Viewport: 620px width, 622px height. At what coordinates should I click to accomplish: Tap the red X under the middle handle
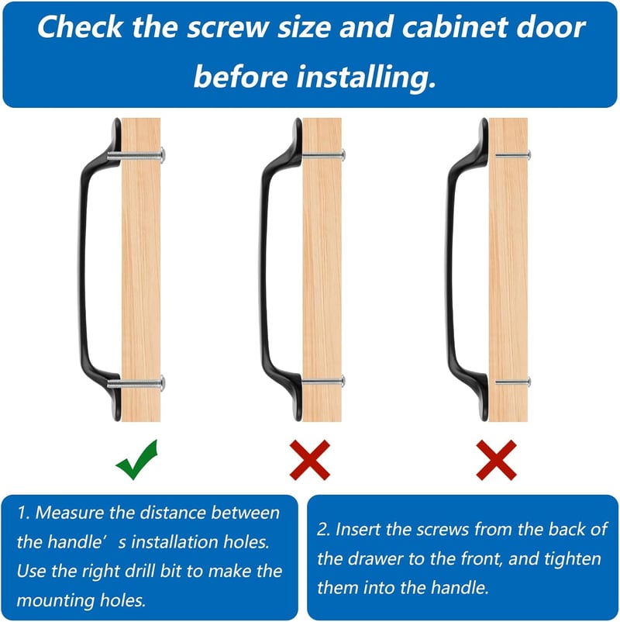pos(309,460)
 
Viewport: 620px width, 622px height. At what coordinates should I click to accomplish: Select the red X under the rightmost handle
pos(496,460)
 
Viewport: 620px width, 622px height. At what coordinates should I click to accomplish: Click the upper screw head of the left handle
pos(163,154)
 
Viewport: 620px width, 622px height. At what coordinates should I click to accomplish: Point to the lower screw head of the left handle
pos(163,383)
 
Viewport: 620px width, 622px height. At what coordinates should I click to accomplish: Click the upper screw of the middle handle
pos(323,154)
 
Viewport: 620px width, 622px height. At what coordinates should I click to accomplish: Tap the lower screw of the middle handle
pos(323,382)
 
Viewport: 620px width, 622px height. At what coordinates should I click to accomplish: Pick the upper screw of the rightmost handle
pos(513,154)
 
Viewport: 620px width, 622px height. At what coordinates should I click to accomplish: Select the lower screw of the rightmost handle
pos(513,382)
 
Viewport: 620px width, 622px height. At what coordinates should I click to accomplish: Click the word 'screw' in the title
pos(228,27)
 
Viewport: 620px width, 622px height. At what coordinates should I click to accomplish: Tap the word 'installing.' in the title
pos(367,77)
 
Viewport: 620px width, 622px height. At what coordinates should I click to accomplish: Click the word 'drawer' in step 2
pos(375,558)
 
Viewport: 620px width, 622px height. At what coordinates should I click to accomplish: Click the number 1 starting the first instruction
pos(22,513)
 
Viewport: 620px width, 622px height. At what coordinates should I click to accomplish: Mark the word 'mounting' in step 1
pos(55,601)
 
